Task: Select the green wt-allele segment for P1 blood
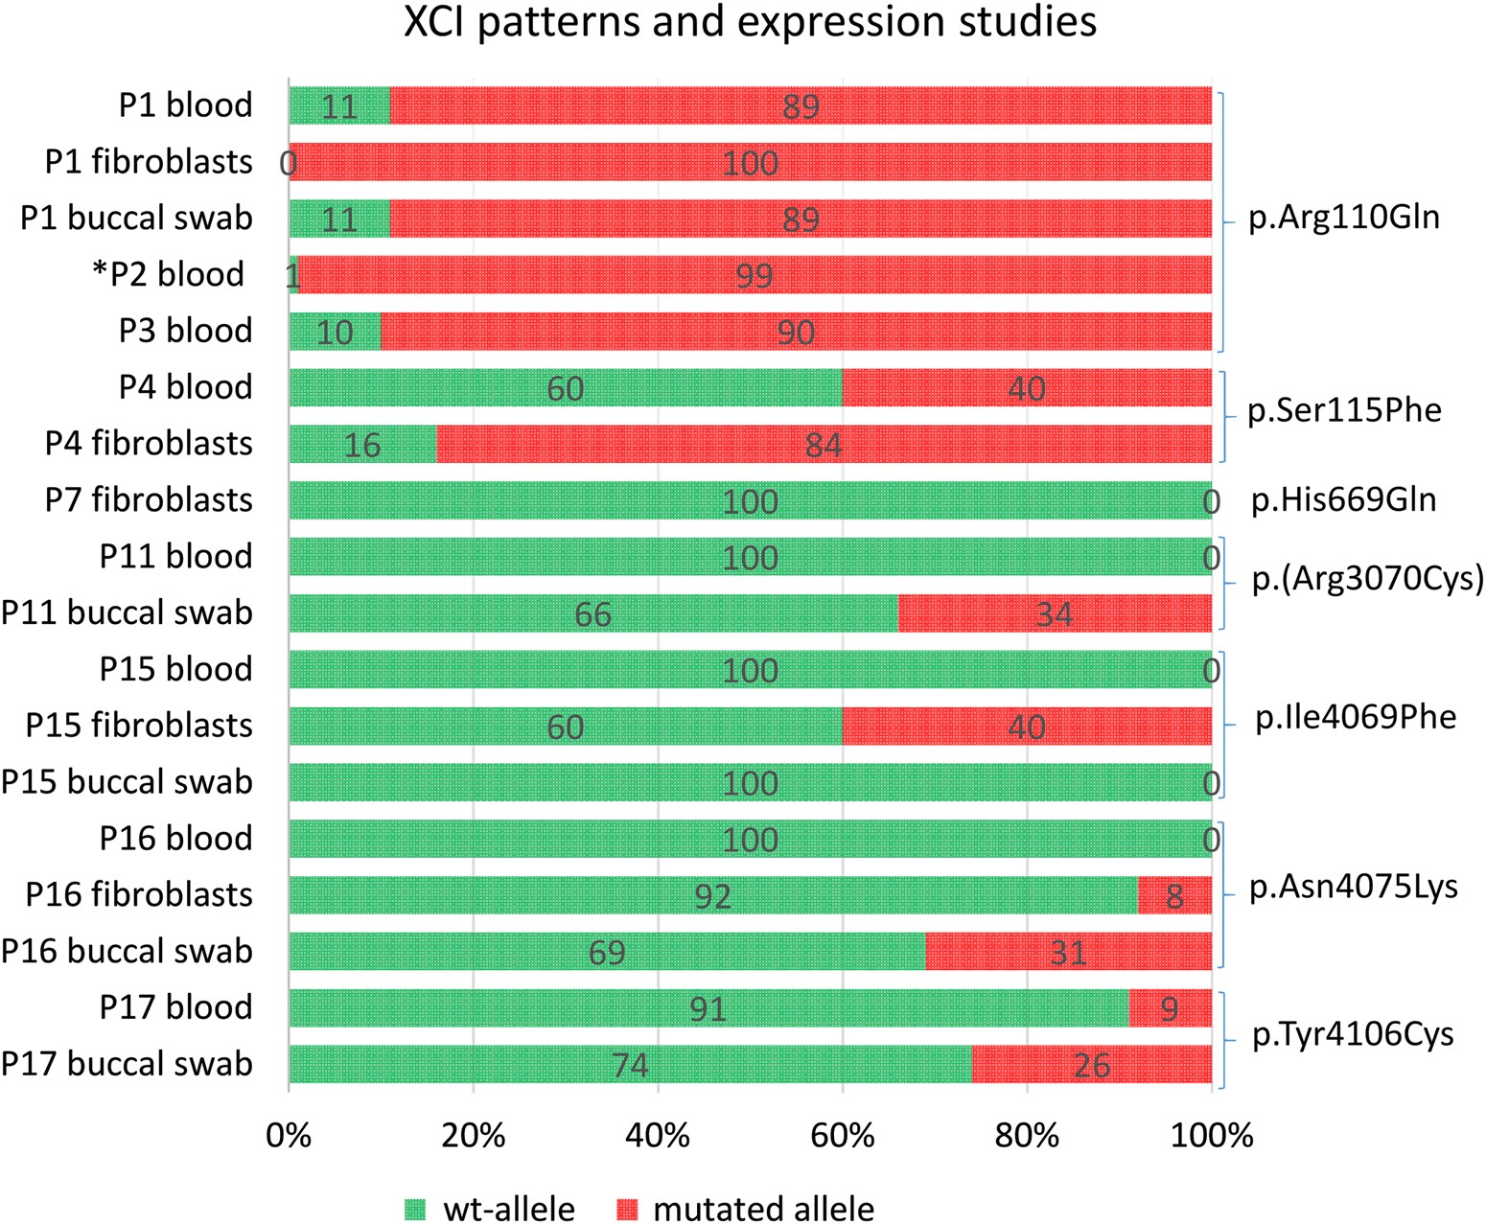(x=339, y=105)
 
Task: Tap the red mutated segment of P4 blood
(x=1026, y=388)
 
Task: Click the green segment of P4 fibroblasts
(x=362, y=445)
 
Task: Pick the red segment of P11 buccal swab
(x=1054, y=613)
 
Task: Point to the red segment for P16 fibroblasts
(x=1174, y=896)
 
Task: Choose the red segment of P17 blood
(x=1170, y=1008)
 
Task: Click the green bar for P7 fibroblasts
(x=750, y=501)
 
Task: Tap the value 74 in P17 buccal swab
(x=630, y=1066)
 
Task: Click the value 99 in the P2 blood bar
(x=754, y=276)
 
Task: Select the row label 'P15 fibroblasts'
(x=139, y=726)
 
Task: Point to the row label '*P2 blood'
(x=168, y=275)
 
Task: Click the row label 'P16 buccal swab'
(x=127, y=952)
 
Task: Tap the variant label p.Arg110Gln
(x=1344, y=218)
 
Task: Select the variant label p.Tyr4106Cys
(x=1353, y=1035)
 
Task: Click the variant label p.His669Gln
(x=1343, y=500)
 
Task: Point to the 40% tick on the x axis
(x=658, y=1136)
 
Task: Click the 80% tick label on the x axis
(x=1026, y=1136)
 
